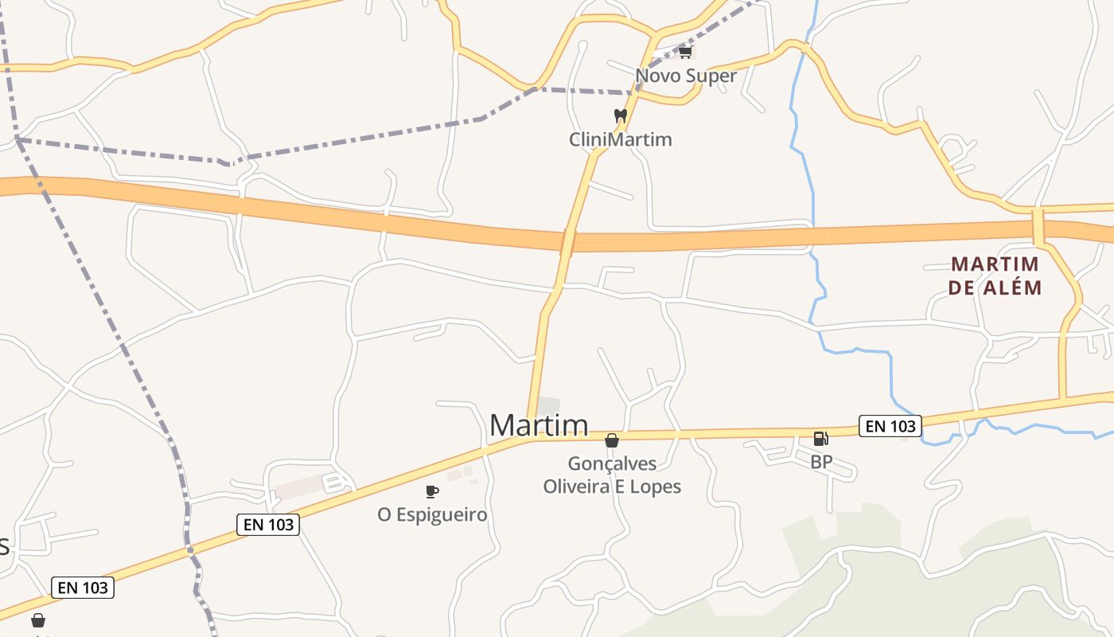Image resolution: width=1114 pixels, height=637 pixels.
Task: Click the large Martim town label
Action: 539,425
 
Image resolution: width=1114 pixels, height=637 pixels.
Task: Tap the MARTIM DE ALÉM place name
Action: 995,276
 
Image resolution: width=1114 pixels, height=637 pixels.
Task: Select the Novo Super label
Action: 686,76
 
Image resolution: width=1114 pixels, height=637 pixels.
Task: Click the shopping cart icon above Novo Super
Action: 685,53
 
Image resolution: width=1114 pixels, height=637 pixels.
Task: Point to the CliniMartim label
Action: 620,139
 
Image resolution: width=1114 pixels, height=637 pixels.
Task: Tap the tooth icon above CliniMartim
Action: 621,116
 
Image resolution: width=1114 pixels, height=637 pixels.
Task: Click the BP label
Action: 821,462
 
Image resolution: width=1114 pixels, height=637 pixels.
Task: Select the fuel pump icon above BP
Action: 820,438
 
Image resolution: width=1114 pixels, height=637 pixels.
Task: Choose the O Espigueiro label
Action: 432,514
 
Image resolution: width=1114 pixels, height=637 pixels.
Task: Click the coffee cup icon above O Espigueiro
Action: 431,491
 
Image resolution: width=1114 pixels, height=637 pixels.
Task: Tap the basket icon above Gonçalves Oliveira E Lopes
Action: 612,440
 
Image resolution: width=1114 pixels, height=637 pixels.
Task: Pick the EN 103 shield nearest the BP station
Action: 890,426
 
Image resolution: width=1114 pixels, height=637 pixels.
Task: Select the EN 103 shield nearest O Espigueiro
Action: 268,525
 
